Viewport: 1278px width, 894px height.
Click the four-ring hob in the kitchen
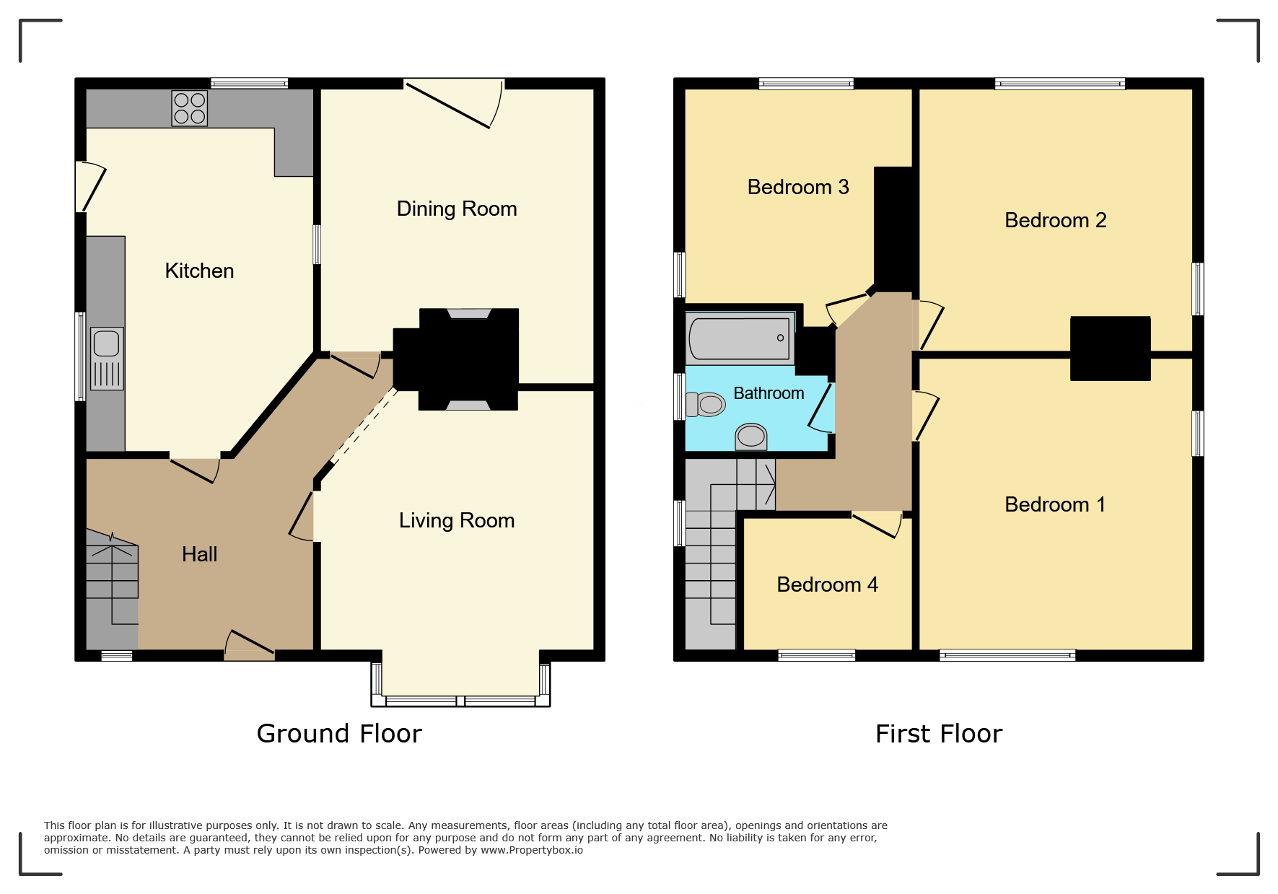point(189,108)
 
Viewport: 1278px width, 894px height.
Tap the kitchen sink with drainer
point(107,359)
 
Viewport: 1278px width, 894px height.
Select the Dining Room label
point(457,209)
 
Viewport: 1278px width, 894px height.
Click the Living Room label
point(457,521)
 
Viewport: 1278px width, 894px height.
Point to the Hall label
point(199,554)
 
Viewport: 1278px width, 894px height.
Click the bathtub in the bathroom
point(740,338)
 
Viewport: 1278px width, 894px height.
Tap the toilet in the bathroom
point(706,404)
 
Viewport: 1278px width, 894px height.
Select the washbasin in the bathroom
point(751,436)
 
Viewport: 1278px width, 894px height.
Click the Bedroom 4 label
point(827,584)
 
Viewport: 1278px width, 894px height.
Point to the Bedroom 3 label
point(798,188)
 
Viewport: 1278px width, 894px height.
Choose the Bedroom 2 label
point(1055,221)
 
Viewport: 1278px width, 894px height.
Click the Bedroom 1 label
point(1055,505)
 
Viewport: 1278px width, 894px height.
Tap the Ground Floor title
point(339,734)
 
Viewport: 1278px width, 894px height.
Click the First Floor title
point(939,734)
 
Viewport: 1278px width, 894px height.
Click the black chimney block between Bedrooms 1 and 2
point(1110,349)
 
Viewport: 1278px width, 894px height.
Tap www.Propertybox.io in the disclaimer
point(532,851)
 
